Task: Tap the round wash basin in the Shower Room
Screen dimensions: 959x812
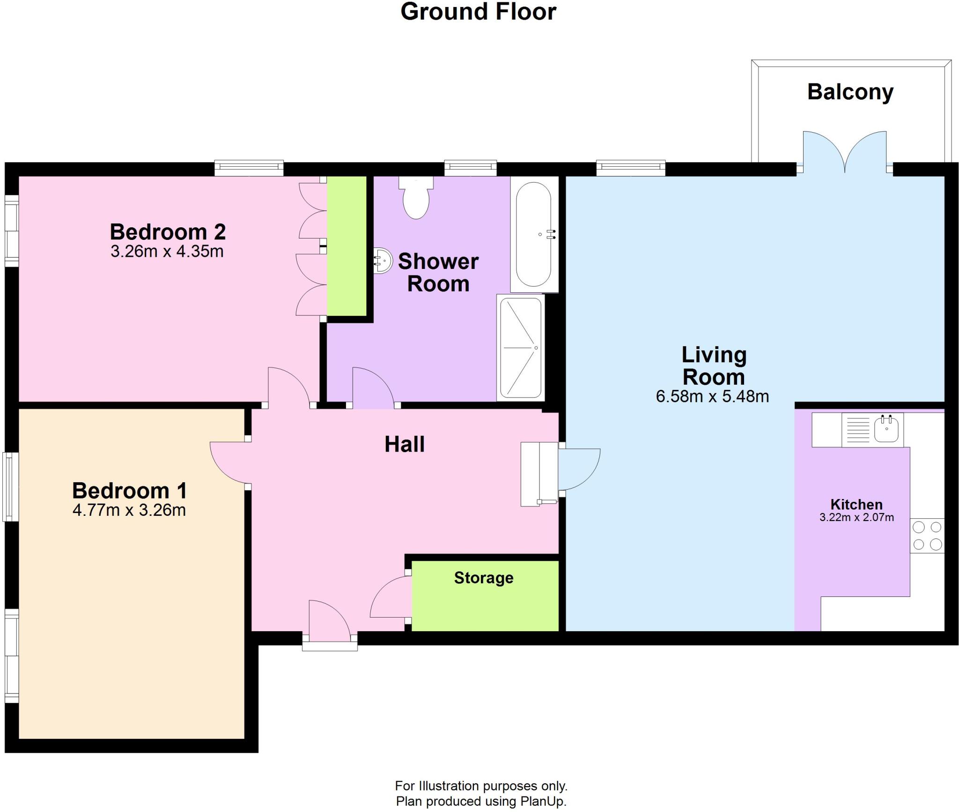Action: pyautogui.click(x=382, y=261)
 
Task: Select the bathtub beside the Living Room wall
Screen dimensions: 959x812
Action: pyautogui.click(x=534, y=234)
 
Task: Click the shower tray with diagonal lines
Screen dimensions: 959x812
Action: pyautogui.click(x=520, y=348)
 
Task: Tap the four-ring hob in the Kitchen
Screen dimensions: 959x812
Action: pyautogui.click(x=927, y=536)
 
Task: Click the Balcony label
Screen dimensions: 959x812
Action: pyautogui.click(x=850, y=92)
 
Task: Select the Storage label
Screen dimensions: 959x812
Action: pyautogui.click(x=484, y=578)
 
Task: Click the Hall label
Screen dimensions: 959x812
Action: pyautogui.click(x=405, y=444)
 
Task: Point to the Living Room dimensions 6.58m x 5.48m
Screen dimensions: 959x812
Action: pyautogui.click(x=712, y=396)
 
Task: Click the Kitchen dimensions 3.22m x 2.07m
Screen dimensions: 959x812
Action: pyautogui.click(x=856, y=517)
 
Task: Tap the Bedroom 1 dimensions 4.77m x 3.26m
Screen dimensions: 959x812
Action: pyautogui.click(x=129, y=510)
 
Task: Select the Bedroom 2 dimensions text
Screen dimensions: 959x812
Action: pyautogui.click(x=167, y=251)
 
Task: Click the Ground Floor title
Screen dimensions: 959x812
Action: pyautogui.click(x=479, y=12)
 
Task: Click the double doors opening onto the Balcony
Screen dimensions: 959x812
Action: pyautogui.click(x=845, y=152)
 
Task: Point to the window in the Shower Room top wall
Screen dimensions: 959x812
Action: pyautogui.click(x=470, y=168)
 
